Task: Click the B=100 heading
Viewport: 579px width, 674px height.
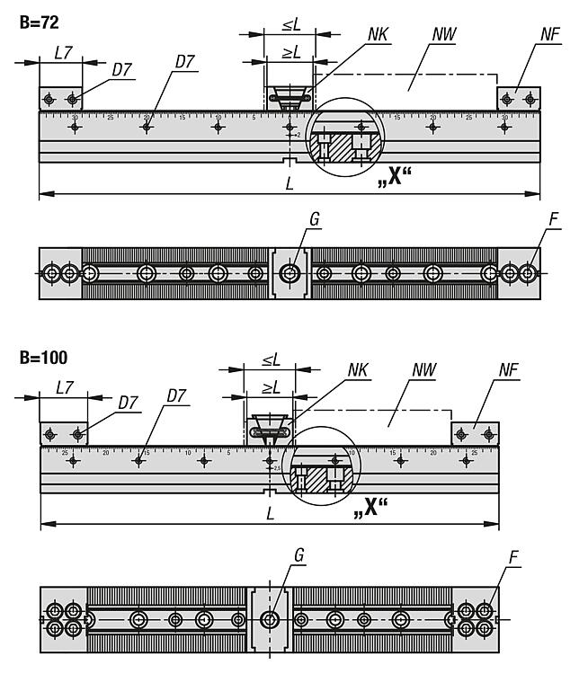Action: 43,358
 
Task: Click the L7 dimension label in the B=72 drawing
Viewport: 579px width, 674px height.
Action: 63,53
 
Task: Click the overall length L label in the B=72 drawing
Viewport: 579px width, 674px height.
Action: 289,184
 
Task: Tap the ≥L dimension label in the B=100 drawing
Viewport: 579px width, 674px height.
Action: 270,387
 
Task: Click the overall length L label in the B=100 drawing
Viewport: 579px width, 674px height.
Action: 271,513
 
